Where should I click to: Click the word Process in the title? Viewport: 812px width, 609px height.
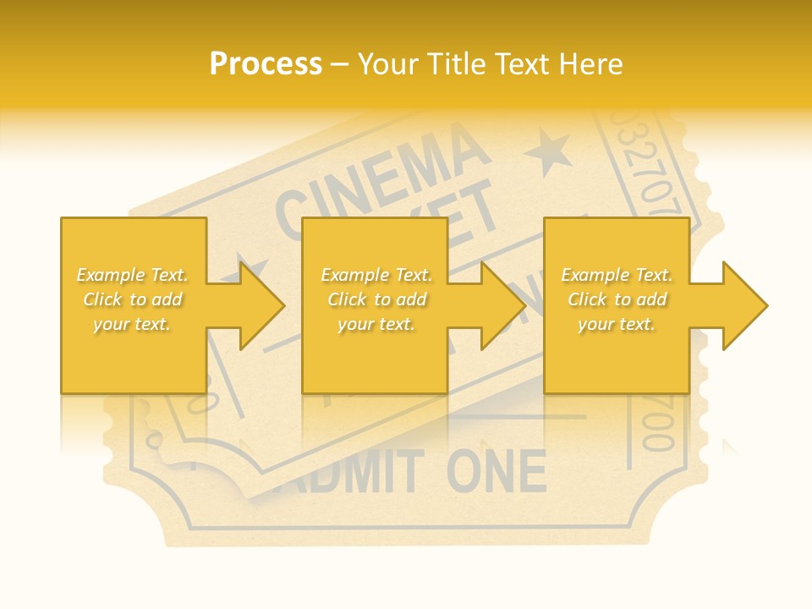pyautogui.click(x=266, y=64)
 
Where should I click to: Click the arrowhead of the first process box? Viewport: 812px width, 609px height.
pyautogui.click(x=262, y=305)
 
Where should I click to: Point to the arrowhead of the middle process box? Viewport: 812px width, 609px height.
pyautogui.click(x=504, y=305)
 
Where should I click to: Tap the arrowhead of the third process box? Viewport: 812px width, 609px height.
pyautogui.click(x=745, y=305)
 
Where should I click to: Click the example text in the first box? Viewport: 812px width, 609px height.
pyautogui.click(x=133, y=299)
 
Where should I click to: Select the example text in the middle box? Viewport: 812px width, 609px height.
pyautogui.click(x=376, y=299)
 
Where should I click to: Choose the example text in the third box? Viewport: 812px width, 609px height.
pyautogui.click(x=617, y=299)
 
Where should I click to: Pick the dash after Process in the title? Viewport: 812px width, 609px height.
pyautogui.click(x=340, y=65)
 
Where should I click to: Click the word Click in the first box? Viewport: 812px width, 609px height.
pyautogui.click(x=104, y=299)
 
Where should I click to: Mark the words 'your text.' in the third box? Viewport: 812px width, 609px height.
pyautogui.click(x=617, y=324)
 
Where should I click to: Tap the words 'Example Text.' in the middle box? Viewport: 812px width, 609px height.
pyautogui.click(x=376, y=275)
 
